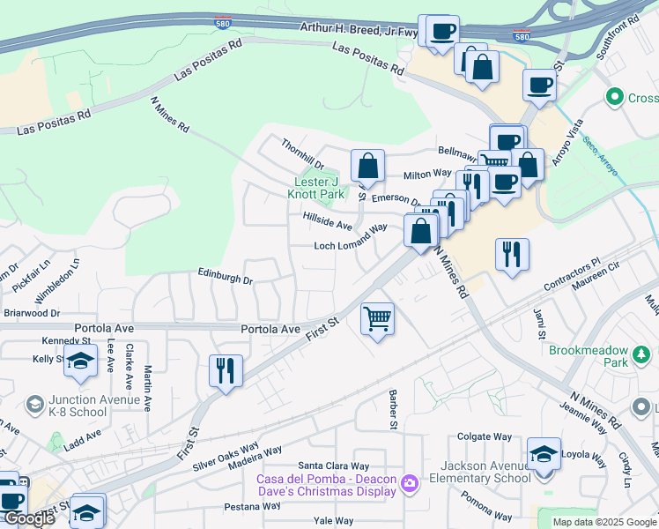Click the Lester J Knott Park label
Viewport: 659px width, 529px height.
(318, 188)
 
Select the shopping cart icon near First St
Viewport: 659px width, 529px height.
(377, 318)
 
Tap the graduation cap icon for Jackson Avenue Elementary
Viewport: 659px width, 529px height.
(544, 455)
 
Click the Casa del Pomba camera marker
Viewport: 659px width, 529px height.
(409, 483)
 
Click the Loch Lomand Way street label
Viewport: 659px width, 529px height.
(352, 238)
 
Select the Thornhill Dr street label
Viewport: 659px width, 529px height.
(303, 154)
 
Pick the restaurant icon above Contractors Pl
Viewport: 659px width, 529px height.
(512, 254)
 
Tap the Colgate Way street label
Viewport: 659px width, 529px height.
(485, 436)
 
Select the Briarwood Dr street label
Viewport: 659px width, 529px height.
(31, 312)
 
